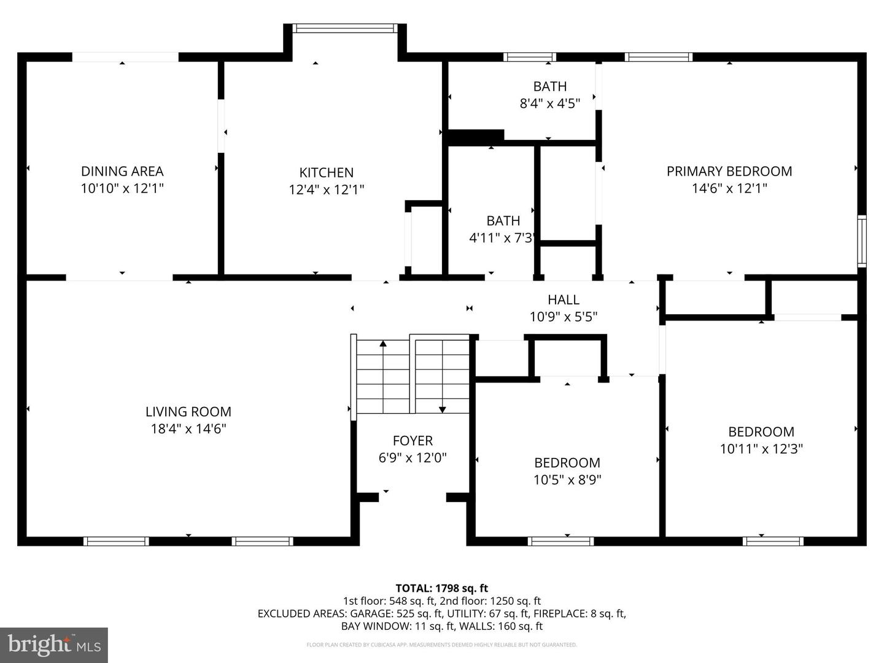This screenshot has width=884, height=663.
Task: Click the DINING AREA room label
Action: click(x=122, y=171)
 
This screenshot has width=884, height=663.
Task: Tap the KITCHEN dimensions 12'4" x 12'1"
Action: click(x=326, y=190)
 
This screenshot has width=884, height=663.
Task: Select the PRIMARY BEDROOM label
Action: click(x=729, y=171)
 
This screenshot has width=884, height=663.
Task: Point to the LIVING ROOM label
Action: click(x=188, y=412)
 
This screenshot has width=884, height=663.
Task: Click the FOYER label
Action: click(x=413, y=441)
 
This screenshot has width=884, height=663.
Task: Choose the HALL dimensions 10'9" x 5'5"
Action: click(x=563, y=317)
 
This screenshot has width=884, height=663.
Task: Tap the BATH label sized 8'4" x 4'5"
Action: click(x=549, y=87)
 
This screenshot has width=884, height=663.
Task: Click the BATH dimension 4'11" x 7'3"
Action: click(x=503, y=238)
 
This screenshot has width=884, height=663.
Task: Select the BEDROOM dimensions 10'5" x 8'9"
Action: click(x=567, y=480)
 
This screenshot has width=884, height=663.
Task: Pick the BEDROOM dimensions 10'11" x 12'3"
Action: click(x=761, y=449)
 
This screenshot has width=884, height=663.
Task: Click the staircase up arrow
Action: click(x=383, y=344)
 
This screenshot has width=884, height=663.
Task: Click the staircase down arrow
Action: click(x=442, y=409)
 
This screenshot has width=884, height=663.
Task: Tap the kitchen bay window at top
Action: click(x=344, y=28)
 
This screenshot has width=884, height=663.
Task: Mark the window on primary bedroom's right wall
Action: click(x=861, y=241)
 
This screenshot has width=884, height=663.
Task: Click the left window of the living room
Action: click(x=116, y=541)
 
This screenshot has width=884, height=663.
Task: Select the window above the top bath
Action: click(x=530, y=57)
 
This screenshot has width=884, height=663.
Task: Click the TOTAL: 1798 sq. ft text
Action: click(x=441, y=588)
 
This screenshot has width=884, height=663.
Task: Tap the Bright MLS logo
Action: click(x=54, y=645)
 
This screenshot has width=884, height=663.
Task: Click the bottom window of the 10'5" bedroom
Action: click(x=560, y=541)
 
